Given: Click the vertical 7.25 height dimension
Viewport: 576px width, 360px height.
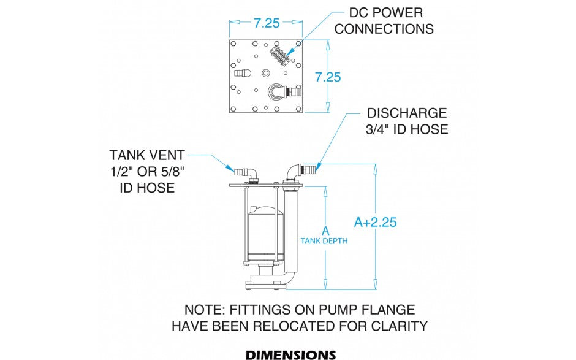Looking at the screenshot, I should pos(328,77).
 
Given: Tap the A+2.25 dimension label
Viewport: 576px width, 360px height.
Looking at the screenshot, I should pos(376,222).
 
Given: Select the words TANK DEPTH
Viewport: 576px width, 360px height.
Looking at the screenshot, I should pos(324,241).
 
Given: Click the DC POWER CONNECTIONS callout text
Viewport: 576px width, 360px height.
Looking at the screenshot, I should pos(384,20).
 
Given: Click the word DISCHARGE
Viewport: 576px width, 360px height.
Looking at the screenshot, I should pos(406,113).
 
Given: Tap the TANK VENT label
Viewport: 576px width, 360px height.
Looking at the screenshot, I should pos(147,155).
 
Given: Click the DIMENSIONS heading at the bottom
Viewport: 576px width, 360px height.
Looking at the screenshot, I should pos(290,354).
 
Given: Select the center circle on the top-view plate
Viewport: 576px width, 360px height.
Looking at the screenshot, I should pos(265,74).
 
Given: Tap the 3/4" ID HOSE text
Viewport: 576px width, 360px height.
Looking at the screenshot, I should pos(407,129).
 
